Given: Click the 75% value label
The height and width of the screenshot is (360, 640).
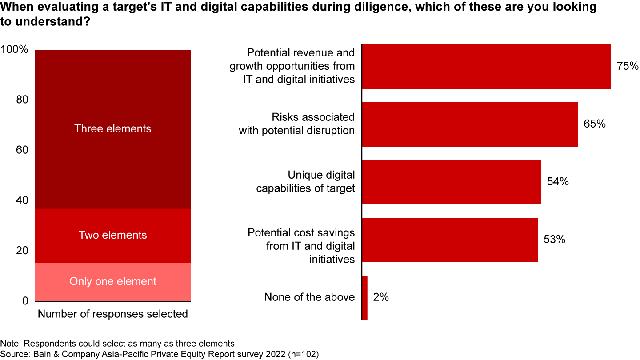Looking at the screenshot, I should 627,66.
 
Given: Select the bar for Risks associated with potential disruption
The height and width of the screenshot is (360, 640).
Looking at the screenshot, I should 470,124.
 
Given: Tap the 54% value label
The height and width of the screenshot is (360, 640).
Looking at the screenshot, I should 558,182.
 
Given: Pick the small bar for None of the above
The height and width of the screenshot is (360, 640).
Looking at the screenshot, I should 365,297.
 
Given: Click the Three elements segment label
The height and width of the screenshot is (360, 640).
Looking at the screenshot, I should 113,129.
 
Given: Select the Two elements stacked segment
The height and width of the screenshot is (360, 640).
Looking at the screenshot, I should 113,236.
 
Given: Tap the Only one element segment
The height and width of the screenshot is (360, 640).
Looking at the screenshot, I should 113,282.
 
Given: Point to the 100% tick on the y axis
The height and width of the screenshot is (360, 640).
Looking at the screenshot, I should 15,50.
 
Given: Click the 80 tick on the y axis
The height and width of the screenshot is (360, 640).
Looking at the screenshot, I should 22,100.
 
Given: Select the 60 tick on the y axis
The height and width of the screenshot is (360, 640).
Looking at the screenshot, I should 22,150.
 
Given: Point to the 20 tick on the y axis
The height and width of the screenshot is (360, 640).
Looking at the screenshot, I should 22,251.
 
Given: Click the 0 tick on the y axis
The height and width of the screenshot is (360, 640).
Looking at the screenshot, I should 25,301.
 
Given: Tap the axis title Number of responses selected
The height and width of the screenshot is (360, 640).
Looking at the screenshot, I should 113,314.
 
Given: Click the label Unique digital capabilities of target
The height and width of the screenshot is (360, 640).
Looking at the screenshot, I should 306,182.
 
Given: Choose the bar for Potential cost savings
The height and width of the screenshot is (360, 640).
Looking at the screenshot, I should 450,240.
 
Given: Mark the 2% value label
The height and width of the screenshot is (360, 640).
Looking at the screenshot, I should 381,297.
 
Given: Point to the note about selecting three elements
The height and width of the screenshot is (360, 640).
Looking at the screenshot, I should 117,344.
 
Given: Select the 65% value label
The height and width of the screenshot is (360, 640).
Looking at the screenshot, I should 595,124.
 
